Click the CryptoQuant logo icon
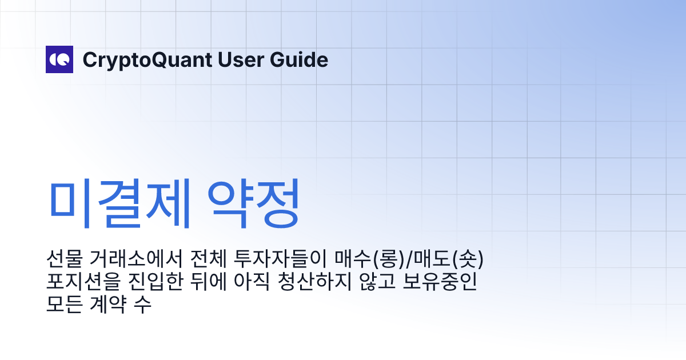(x=59, y=59)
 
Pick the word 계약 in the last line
(x=109, y=304)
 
